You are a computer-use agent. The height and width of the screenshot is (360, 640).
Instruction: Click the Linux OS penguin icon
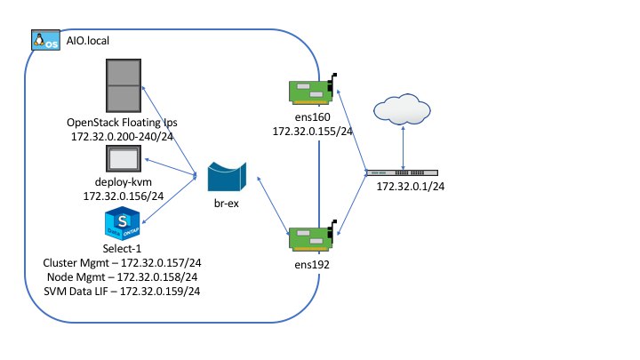tap(45, 41)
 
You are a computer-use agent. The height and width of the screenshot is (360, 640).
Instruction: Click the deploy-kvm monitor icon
tap(123, 160)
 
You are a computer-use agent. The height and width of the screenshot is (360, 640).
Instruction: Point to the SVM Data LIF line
tap(121, 291)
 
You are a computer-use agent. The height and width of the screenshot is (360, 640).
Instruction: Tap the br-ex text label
tap(227, 204)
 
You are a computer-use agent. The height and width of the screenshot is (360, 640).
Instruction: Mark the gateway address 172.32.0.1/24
tap(411, 188)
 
